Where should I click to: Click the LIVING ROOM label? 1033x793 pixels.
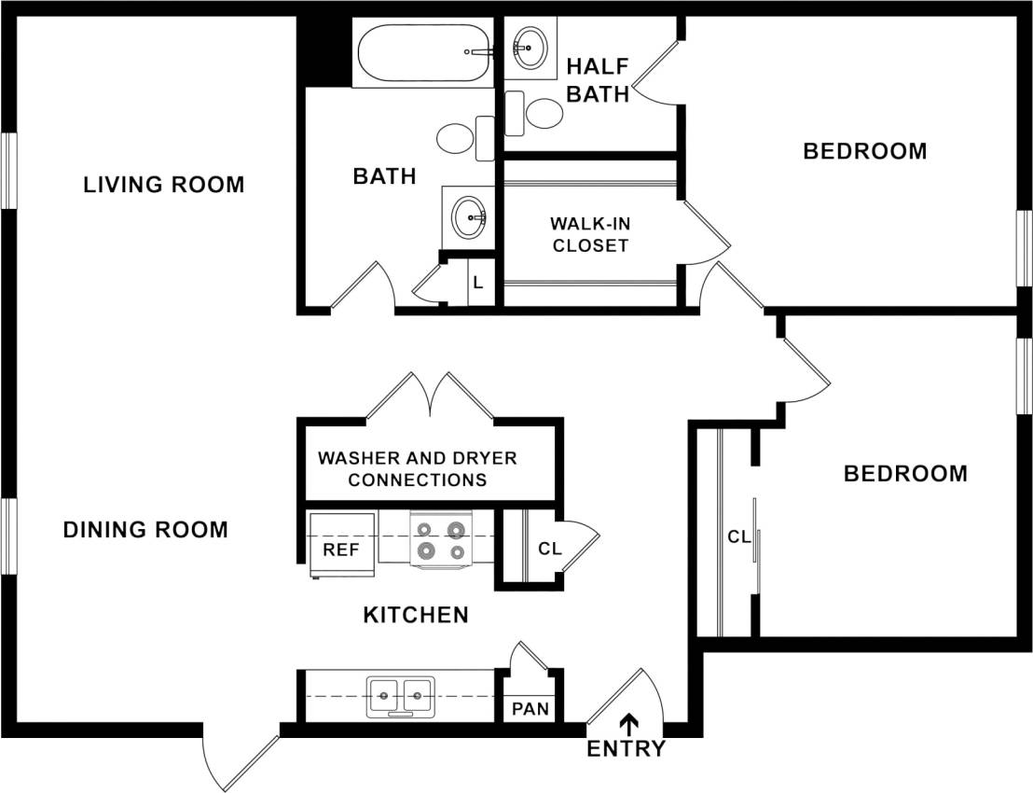pyautogui.click(x=164, y=185)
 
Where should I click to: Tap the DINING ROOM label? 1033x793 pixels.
pyautogui.click(x=145, y=530)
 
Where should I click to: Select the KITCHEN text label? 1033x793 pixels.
pyautogui.click(x=415, y=615)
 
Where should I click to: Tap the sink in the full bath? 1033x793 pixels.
pyautogui.click(x=469, y=217)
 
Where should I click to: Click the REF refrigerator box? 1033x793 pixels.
pyautogui.click(x=341, y=550)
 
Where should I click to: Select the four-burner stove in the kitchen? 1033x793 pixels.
pyautogui.click(x=440, y=541)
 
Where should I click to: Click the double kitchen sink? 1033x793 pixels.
pyautogui.click(x=401, y=696)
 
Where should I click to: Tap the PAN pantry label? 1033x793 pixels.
pyautogui.click(x=530, y=709)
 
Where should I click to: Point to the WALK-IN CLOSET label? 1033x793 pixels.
pyautogui.click(x=589, y=235)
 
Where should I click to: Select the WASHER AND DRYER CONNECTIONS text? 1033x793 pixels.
pyautogui.click(x=417, y=469)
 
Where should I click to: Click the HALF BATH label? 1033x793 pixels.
pyautogui.click(x=598, y=80)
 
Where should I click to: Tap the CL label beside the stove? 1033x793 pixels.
pyautogui.click(x=550, y=549)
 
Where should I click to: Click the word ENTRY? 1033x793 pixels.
pyautogui.click(x=627, y=749)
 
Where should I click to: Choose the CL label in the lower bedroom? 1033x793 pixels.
pyautogui.click(x=738, y=536)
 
